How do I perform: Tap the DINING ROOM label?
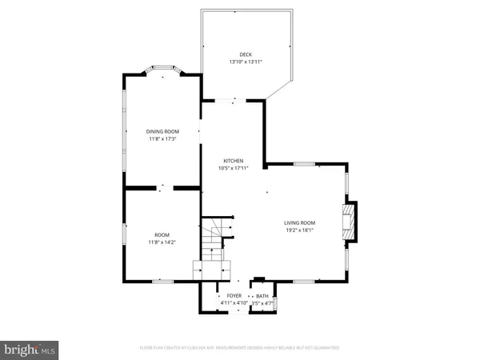click(x=162, y=131)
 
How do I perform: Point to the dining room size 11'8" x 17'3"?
click(x=162, y=139)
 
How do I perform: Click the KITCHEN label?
click(x=233, y=161)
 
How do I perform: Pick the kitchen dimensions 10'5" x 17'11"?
click(x=233, y=168)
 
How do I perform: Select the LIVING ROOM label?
click(x=300, y=222)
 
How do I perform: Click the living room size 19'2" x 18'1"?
click(x=300, y=230)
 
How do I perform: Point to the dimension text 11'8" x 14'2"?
click(x=162, y=242)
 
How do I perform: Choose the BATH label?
click(x=262, y=296)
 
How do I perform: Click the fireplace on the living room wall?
click(x=350, y=222)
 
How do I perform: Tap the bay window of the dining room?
click(x=162, y=70)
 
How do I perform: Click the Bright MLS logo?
click(x=30, y=350)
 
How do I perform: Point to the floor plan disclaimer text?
click(x=240, y=348)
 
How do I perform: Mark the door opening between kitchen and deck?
click(x=233, y=100)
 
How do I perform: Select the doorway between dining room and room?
click(x=162, y=188)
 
